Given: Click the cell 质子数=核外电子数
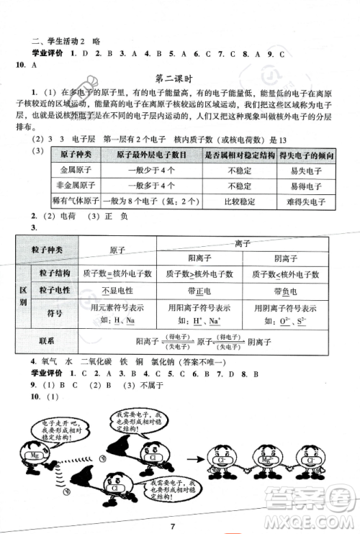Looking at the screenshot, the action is click(115, 274).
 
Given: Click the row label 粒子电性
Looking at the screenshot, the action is click(51, 292).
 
